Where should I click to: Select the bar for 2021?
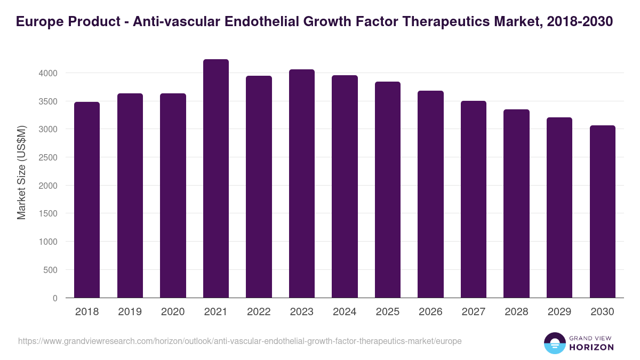point(215,179)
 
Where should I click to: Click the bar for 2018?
point(87,200)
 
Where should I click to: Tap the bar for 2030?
point(602,212)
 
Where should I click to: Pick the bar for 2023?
point(301,183)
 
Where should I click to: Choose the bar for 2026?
point(430,194)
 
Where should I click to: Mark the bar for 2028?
point(516,204)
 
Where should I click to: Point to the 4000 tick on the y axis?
point(48,73)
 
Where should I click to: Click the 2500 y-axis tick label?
point(48,157)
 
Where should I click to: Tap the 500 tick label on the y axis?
point(51,270)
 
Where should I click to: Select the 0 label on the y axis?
point(55,298)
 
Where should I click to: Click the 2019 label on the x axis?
point(130,312)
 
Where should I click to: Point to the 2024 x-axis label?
point(345,312)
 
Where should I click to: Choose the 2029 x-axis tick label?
point(559,312)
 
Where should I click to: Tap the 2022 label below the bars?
point(259,312)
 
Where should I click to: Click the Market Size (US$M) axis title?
point(21,172)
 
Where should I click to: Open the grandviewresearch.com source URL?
point(239,341)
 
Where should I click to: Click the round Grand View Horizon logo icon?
point(554,343)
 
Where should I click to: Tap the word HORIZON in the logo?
point(592,347)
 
